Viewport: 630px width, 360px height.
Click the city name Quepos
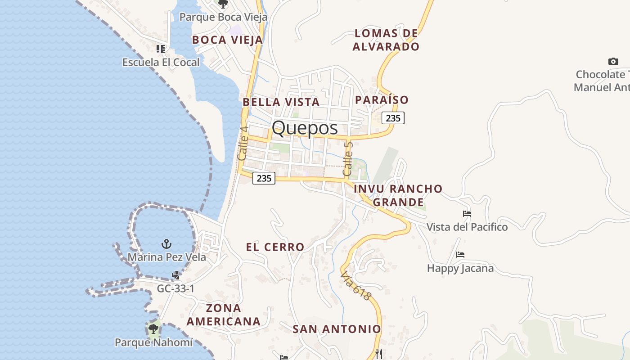(305, 128)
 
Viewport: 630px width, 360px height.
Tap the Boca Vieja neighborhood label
(227, 40)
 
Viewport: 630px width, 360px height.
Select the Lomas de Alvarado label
(386, 40)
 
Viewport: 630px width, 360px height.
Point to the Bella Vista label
(281, 102)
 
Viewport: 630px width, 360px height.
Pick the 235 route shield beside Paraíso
(393, 118)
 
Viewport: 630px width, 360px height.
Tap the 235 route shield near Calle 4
(264, 178)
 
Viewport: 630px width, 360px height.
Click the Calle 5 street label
(347, 159)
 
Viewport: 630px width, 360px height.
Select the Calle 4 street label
(243, 143)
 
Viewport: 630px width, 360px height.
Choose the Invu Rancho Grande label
(398, 195)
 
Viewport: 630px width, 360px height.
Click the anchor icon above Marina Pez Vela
(166, 244)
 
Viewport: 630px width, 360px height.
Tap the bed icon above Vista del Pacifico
(467, 214)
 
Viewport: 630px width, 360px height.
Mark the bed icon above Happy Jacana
(460, 255)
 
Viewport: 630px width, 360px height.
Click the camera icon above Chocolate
(613, 62)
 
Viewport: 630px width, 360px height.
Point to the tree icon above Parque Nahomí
(153, 328)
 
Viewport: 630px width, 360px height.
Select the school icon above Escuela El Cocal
(161, 49)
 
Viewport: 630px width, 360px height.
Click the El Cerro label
(275, 247)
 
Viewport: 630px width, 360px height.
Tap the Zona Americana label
(224, 315)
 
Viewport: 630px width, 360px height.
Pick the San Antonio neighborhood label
(337, 329)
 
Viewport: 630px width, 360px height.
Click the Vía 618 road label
(355, 286)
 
